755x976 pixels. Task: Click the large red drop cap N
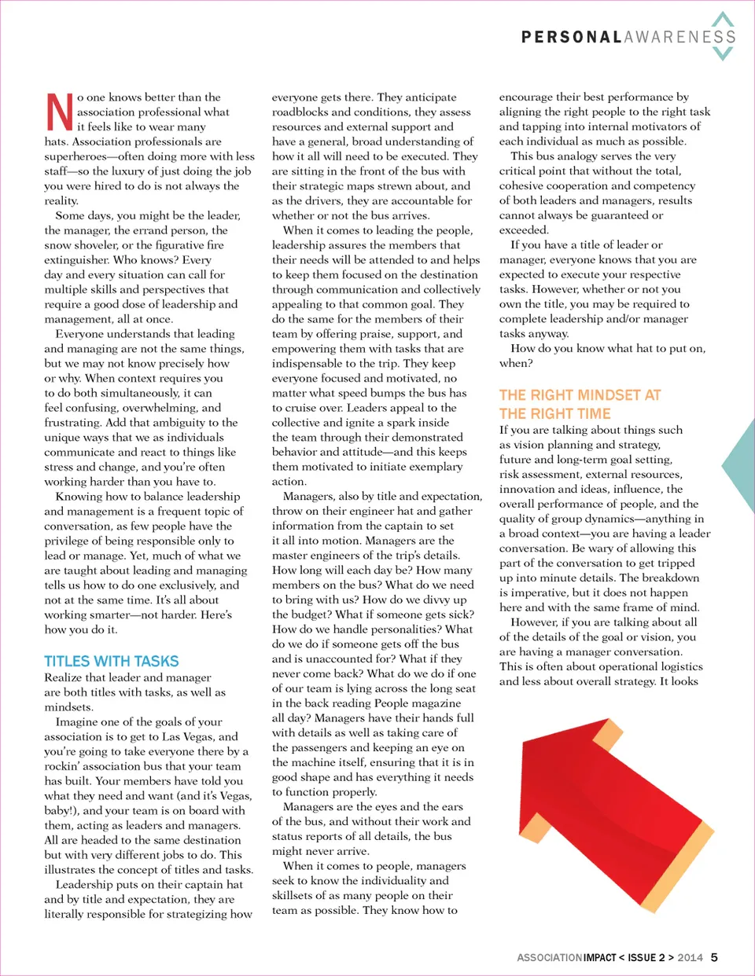click(60, 112)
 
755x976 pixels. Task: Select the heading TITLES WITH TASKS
click(112, 662)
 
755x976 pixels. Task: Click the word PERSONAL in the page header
click(572, 37)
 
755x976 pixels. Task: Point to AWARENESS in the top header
click(680, 37)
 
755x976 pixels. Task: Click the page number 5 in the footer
click(714, 957)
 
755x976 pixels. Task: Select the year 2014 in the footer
click(690, 957)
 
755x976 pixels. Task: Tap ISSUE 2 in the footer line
click(646, 957)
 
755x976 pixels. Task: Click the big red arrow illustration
click(598, 786)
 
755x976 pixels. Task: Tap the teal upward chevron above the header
click(722, 20)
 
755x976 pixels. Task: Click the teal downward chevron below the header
click(722, 53)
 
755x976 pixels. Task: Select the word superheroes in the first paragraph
click(75, 156)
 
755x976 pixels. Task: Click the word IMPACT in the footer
click(600, 957)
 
